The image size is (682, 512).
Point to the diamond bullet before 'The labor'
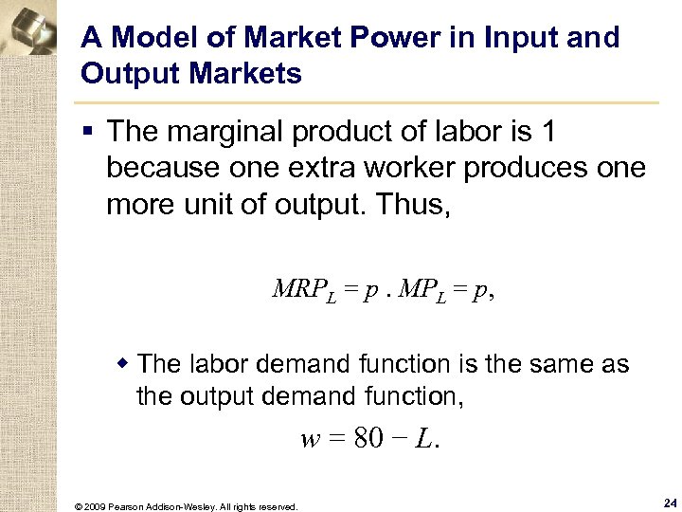point(122,362)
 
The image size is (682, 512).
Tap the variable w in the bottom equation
point(310,440)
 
